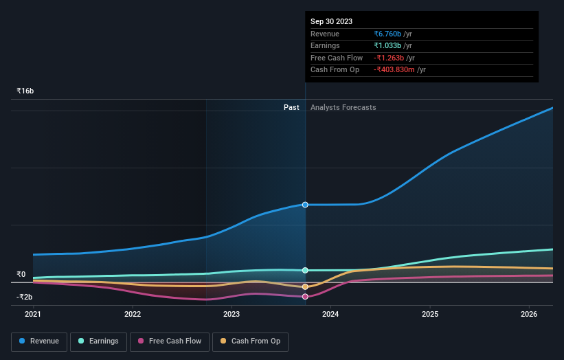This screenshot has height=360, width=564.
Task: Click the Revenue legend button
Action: click(x=39, y=341)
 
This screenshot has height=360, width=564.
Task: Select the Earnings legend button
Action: click(x=98, y=341)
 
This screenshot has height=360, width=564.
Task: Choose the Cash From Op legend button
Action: click(x=250, y=341)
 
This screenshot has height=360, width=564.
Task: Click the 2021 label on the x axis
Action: click(x=33, y=315)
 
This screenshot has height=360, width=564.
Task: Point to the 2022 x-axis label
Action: click(x=133, y=315)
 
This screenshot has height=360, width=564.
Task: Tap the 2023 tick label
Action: click(x=232, y=315)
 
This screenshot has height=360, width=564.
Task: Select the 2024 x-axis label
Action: click(x=330, y=315)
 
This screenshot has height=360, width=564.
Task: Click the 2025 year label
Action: click(x=430, y=315)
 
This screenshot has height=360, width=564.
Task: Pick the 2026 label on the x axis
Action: click(x=529, y=315)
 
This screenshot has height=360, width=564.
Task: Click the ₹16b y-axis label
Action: click(x=25, y=91)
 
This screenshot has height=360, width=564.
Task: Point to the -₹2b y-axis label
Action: click(x=24, y=297)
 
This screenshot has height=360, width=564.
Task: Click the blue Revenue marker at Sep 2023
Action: click(x=305, y=205)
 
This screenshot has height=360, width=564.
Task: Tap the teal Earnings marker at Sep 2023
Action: click(x=305, y=270)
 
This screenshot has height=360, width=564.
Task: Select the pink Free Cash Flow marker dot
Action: click(x=305, y=297)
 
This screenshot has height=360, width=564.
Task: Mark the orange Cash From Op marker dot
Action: click(x=305, y=286)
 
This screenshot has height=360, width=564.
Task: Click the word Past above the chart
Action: click(x=291, y=107)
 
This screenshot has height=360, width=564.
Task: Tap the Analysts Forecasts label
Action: click(x=343, y=107)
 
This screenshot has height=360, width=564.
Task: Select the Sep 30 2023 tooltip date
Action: click(x=331, y=21)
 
